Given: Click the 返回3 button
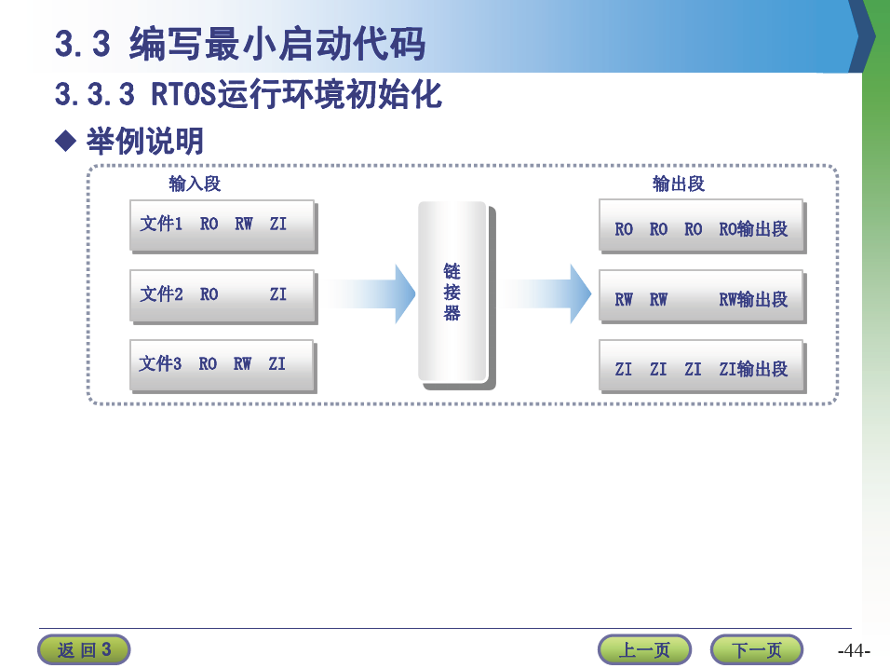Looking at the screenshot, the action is coord(84,649).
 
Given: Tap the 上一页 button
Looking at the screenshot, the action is coord(644,649).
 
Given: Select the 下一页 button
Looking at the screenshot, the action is coord(757,649).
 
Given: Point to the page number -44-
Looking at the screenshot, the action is coord(854,650).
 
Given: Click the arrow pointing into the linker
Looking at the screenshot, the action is coord(371,293).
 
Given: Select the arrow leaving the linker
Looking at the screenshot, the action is coord(546,293).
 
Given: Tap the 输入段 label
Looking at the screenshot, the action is coord(195,184).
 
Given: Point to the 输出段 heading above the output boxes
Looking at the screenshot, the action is coord(679,184).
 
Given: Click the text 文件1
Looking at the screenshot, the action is coord(161,224).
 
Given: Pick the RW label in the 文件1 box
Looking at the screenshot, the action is coord(244,224).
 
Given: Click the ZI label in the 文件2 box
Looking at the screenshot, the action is coord(278,294).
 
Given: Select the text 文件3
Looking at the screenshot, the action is coord(160,363).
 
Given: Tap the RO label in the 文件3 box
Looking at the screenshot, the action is coord(208,363).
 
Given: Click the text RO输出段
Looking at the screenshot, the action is coord(753,229).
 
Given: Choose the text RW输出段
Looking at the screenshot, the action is coord(753,299).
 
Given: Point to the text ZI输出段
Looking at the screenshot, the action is coord(753,369).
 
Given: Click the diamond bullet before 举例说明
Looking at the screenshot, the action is coord(66,141).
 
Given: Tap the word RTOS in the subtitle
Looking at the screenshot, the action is coord(184,94).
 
